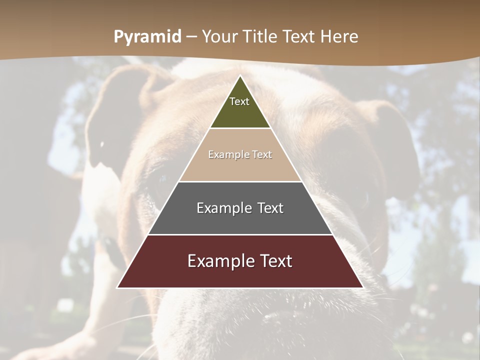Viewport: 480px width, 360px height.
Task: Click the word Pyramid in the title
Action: [147, 37]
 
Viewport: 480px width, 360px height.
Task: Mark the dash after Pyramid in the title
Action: [191, 37]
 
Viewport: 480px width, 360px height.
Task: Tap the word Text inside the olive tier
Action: [239, 101]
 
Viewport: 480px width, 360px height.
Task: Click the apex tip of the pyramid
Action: [240, 76]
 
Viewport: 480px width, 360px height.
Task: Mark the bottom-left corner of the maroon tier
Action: [118, 287]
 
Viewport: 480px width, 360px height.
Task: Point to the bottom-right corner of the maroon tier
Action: [362, 287]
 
